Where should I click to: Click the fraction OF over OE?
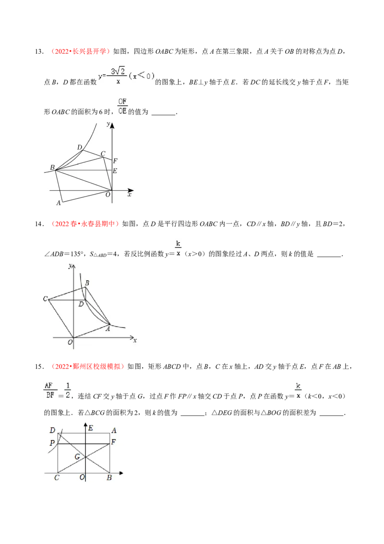(x=123, y=106)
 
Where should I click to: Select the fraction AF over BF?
(x=48, y=391)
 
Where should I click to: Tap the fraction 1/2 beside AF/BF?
(x=68, y=391)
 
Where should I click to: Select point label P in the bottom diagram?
(x=52, y=443)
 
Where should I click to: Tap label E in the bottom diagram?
(x=91, y=428)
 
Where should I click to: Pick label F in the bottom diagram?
(x=113, y=442)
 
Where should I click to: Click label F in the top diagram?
(x=115, y=161)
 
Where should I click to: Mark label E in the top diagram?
(x=115, y=171)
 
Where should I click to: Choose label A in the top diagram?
(x=59, y=203)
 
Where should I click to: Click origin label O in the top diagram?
(x=108, y=194)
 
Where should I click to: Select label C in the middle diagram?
(x=45, y=299)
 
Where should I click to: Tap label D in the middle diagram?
(x=81, y=305)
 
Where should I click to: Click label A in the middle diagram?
(x=108, y=329)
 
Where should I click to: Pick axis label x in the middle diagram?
(x=135, y=340)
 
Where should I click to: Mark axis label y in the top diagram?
(x=109, y=124)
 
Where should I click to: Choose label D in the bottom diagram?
(x=52, y=429)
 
